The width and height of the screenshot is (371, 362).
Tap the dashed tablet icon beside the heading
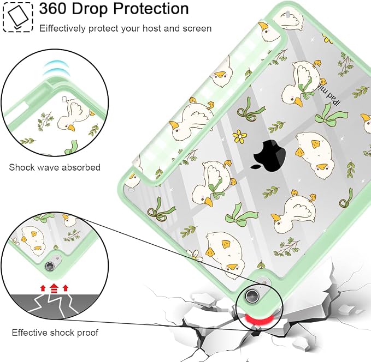coord(17,16)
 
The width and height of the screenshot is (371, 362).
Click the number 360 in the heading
coord(53,9)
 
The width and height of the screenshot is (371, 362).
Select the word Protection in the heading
coord(151,9)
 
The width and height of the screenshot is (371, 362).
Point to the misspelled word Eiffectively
coord(62,28)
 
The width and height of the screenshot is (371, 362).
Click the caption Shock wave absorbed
coord(55,167)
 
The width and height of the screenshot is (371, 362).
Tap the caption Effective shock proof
coord(55,333)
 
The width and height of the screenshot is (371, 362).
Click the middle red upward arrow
coord(54,288)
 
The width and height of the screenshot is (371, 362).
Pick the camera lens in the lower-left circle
coord(50,267)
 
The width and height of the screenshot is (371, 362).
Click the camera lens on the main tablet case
coord(251,295)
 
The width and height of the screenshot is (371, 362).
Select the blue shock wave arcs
coord(56,69)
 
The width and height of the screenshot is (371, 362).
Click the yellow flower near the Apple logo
coord(240,136)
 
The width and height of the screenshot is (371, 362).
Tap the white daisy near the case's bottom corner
coord(195,255)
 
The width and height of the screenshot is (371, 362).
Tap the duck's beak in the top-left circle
coord(71,128)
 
